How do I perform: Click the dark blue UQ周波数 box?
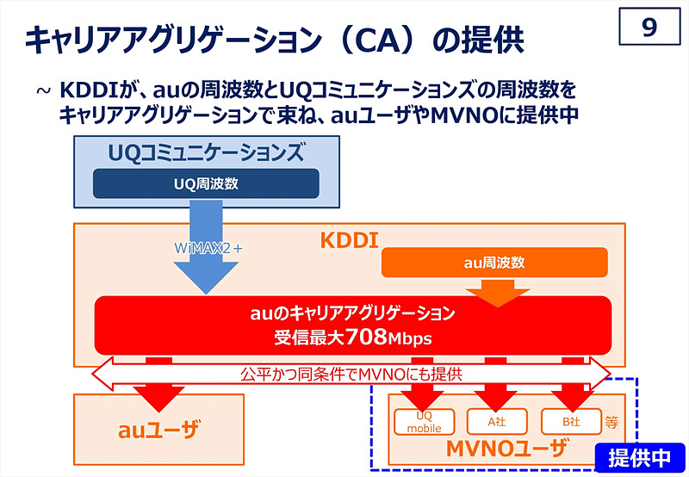(x=206, y=183)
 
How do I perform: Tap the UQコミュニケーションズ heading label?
(x=206, y=153)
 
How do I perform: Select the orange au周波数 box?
(x=494, y=262)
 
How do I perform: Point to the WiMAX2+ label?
(x=209, y=247)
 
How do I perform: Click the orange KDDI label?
(x=350, y=240)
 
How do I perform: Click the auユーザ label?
(x=158, y=428)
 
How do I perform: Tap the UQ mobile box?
(x=424, y=421)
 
